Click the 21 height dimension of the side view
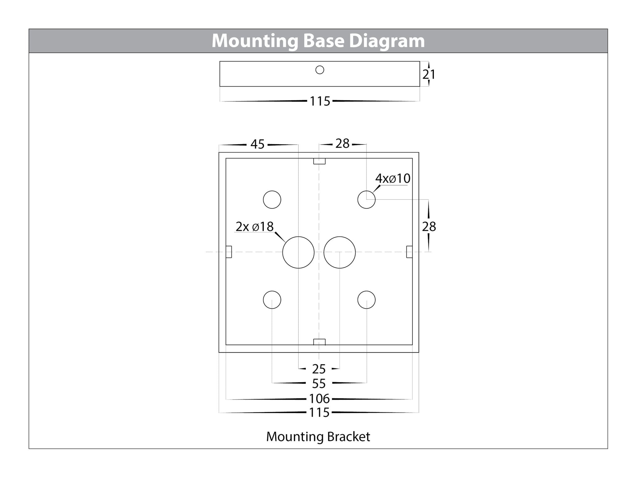pyautogui.click(x=429, y=74)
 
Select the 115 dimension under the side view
pyautogui.click(x=320, y=101)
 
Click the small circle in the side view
pyautogui.click(x=320, y=70)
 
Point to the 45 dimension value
pyautogui.click(x=258, y=144)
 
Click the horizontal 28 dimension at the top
pyautogui.click(x=342, y=144)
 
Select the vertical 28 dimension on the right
pyautogui.click(x=429, y=227)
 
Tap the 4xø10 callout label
pyautogui.click(x=393, y=179)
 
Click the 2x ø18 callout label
pyautogui.click(x=255, y=227)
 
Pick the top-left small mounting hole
pyautogui.click(x=272, y=199)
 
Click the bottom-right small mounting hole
pyautogui.click(x=366, y=300)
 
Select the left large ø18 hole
pyautogui.click(x=298, y=252)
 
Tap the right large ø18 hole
pyautogui.click(x=339, y=252)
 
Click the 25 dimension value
pyautogui.click(x=319, y=369)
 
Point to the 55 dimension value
pyautogui.click(x=319, y=384)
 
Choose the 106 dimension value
pyautogui.click(x=319, y=399)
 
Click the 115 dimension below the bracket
pyautogui.click(x=319, y=413)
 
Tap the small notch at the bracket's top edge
pyautogui.click(x=319, y=161)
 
